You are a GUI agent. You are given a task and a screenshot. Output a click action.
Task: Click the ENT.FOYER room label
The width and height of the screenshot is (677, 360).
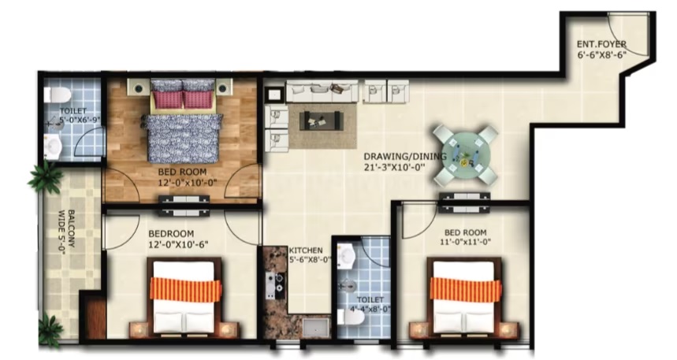coord(601,44)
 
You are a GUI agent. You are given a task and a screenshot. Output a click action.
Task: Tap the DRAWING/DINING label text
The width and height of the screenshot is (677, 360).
coord(404,156)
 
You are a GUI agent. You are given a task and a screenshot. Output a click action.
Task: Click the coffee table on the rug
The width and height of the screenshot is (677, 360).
coord(322,121)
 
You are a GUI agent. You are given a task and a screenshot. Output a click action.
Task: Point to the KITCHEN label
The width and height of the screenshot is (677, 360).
coord(306,251)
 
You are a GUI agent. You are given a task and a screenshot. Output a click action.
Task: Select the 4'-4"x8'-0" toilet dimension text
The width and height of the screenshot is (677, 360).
coord(370,310)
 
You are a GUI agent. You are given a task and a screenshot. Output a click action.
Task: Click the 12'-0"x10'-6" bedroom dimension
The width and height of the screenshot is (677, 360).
coord(178,244)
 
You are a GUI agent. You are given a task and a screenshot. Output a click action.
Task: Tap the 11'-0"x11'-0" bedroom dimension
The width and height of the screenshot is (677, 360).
coord(465,243)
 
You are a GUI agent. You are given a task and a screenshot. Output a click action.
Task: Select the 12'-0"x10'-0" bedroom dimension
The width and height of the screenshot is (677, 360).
coord(187,183)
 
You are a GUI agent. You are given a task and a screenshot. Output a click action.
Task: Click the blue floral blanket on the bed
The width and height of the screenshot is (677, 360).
coord(183,138)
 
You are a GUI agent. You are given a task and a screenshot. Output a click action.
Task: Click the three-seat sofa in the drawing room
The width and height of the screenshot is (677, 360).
coord(322,91)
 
